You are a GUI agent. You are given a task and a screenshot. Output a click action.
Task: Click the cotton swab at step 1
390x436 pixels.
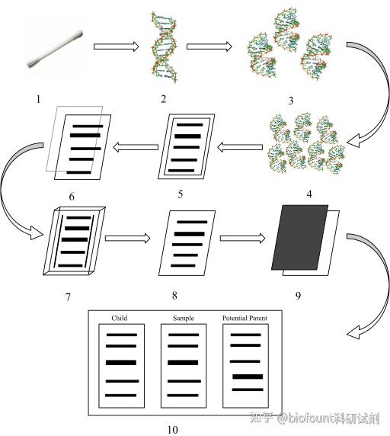[x=55, y=49]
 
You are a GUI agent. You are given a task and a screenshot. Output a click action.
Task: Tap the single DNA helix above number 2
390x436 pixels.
[x=164, y=47]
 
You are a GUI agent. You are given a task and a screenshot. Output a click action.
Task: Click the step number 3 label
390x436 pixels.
[x=290, y=101]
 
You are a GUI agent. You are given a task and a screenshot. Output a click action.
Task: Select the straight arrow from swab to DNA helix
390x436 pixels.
[x=116, y=46]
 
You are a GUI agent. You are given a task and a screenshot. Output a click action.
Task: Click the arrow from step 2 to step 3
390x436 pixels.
[x=209, y=46]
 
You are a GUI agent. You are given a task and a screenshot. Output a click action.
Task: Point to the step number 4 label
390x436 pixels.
[x=309, y=194]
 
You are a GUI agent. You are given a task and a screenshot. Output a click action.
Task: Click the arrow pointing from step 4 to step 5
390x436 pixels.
[x=240, y=147]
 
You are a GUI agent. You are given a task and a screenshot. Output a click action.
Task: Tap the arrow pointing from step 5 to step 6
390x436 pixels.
[x=136, y=147]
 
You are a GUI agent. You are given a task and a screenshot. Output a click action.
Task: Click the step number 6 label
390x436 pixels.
[x=72, y=197]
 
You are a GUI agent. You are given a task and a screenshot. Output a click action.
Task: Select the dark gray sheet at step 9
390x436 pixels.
[x=299, y=238]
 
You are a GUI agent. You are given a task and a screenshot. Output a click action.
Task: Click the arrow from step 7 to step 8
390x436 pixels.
[x=127, y=239]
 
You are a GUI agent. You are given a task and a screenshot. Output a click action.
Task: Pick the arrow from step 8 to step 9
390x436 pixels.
[x=242, y=239]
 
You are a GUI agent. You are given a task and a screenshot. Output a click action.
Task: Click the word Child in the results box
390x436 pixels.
[x=119, y=318]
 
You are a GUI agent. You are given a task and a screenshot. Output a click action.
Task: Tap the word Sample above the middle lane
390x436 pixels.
[x=184, y=318]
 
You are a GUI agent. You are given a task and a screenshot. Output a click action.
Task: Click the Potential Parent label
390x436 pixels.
[x=245, y=318]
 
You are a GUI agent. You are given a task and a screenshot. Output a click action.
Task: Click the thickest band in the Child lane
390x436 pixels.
[x=121, y=363]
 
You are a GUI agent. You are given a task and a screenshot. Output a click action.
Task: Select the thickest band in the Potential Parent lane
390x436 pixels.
[x=248, y=377]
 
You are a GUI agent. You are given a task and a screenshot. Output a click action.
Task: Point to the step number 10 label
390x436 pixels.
[x=172, y=430]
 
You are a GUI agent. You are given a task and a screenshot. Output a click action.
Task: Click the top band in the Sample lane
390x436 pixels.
[x=184, y=335]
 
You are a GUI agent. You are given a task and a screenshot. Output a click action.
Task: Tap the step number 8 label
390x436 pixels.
[x=174, y=295]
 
